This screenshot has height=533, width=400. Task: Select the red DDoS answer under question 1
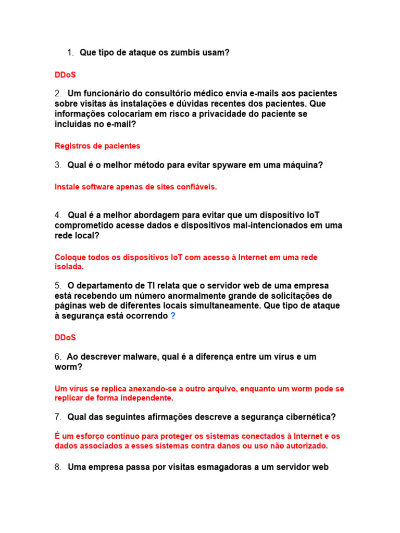click(65, 75)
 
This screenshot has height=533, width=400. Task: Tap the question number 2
click(58, 94)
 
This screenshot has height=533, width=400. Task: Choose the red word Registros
click(71, 146)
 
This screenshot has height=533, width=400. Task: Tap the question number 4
click(58, 215)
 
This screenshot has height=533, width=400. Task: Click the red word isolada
click(69, 266)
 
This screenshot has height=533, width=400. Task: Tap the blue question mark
click(173, 316)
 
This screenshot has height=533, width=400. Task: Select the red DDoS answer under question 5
click(65, 337)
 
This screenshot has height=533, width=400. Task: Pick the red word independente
click(149, 398)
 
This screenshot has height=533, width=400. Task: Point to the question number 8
click(58, 467)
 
